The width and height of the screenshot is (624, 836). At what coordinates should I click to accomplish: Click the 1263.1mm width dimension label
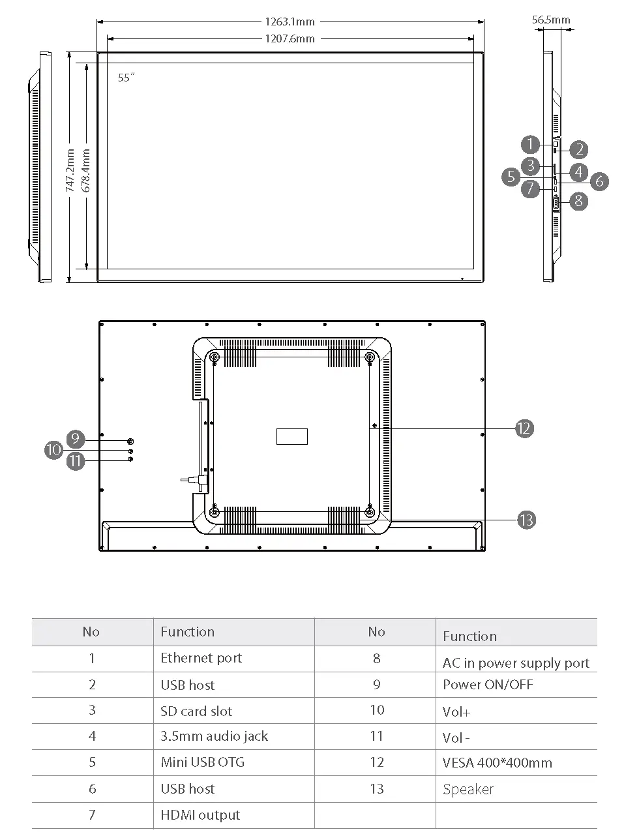click(x=290, y=22)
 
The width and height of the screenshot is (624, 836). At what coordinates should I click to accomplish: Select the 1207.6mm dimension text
click(x=290, y=38)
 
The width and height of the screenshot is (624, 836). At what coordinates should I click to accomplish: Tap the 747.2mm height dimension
click(x=70, y=170)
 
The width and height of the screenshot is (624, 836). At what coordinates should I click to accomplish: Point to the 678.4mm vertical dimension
click(x=85, y=170)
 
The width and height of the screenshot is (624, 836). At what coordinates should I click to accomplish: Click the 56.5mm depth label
click(x=551, y=20)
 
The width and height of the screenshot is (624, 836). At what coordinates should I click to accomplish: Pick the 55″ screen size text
click(x=126, y=78)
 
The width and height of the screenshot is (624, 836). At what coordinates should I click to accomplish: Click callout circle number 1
click(x=531, y=144)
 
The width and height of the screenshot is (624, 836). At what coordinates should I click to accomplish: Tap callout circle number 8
click(x=579, y=201)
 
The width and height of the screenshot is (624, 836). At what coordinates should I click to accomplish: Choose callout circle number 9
click(x=76, y=439)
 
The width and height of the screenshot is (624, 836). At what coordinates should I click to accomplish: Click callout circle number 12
click(x=524, y=428)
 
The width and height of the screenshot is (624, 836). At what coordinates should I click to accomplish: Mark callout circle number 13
click(x=526, y=520)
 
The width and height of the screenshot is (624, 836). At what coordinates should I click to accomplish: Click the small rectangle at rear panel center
click(x=291, y=436)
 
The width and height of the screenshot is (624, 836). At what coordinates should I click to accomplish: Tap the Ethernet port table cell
click(x=201, y=658)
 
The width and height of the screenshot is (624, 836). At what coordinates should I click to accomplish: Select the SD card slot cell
click(x=196, y=711)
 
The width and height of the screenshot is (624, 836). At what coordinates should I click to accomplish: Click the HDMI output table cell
click(x=200, y=815)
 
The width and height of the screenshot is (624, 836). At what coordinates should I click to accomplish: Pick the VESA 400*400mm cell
click(x=497, y=762)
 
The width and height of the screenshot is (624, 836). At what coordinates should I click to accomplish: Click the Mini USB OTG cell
click(x=202, y=762)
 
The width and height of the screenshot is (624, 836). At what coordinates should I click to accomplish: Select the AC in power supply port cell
click(x=516, y=663)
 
